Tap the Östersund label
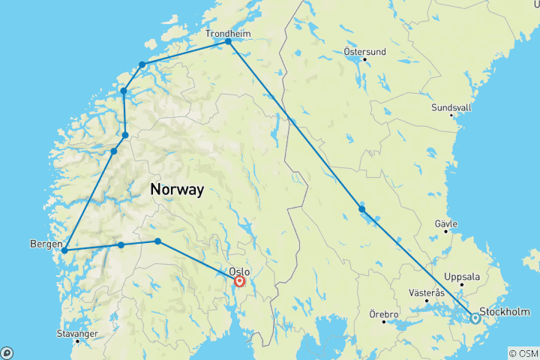[364, 52]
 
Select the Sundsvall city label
[451, 107]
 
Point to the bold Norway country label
[177, 190]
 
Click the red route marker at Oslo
[239, 282]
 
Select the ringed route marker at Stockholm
[475, 318]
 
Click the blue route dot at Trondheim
[228, 42]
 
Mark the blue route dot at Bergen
[65, 250]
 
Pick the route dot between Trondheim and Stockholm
[362, 209]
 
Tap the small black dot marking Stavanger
[76, 341]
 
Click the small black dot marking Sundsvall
[451, 115]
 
